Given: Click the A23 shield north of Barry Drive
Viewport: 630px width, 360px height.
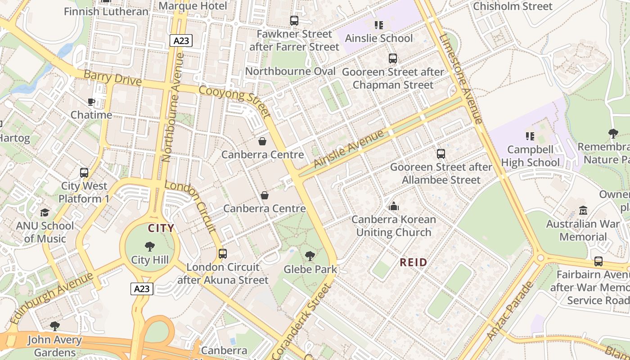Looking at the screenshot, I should (x=181, y=41).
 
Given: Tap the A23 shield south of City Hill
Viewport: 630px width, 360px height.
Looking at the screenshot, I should (x=142, y=289).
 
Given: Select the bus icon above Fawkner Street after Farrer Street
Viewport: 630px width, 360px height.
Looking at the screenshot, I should (x=294, y=21).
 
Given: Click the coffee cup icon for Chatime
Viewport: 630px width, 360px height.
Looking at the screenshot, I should (x=91, y=102).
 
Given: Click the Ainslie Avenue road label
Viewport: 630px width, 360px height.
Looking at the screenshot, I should (x=349, y=149).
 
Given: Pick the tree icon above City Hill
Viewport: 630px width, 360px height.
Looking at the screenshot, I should (x=150, y=247).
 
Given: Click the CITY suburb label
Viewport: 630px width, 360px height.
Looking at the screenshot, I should (x=161, y=228).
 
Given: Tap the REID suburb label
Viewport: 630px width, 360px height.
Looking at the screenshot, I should (x=414, y=262).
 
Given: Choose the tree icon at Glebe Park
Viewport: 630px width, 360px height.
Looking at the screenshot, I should (x=310, y=256).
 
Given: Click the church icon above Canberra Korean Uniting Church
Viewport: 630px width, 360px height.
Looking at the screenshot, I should (x=394, y=207).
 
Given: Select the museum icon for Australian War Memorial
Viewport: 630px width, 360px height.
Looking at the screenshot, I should (x=583, y=211).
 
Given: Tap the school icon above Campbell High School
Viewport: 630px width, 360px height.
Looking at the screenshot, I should (x=530, y=136).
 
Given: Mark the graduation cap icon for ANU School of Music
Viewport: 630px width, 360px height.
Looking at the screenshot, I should (x=45, y=212).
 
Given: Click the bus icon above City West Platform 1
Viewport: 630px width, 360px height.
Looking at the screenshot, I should (x=84, y=173).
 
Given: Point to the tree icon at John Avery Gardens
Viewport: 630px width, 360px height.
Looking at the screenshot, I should (x=55, y=326).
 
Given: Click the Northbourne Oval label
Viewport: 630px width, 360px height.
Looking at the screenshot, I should (x=290, y=72).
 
